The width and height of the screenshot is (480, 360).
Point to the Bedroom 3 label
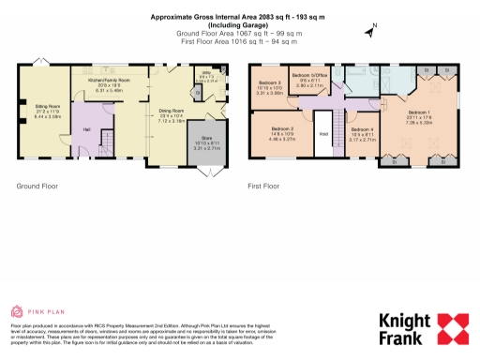click(269, 88)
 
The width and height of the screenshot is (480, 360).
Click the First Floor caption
click(265, 186)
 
